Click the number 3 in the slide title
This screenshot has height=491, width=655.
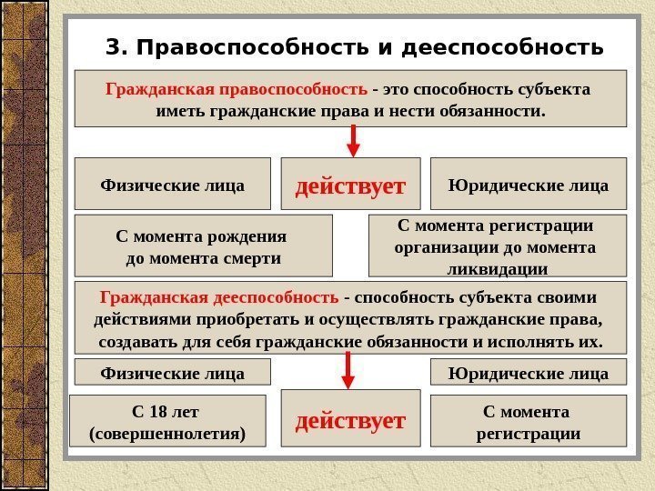pos(113,45)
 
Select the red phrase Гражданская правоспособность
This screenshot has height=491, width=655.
pos(237,90)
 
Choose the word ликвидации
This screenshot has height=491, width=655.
pos(498,270)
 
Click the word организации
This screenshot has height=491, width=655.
pos(447,247)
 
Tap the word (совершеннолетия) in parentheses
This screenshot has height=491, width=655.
pos(169,434)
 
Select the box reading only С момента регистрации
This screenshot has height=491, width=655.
pos(529,422)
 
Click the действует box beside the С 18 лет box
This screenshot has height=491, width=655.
pos(350,421)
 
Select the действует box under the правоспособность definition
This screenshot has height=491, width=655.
pos(350,187)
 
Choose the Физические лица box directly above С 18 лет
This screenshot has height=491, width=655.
pos(172,373)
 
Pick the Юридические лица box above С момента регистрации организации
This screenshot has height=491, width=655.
pos(529,185)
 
